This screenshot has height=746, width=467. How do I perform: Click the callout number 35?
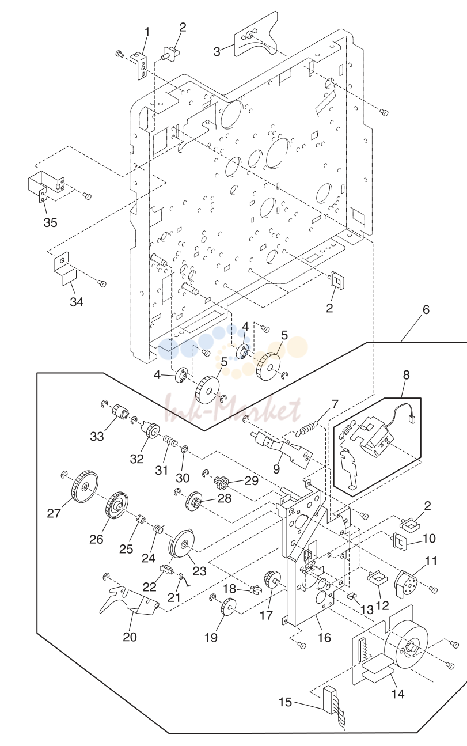(x=50, y=222)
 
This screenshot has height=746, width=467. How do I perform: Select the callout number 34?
(x=77, y=302)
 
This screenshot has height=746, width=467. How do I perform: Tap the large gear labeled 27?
(x=85, y=487)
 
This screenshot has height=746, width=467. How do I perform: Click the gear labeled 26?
(x=116, y=509)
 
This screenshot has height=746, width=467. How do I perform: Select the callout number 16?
(x=324, y=638)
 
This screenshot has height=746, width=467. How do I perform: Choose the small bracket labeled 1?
(x=141, y=66)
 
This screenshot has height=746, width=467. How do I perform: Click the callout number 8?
(x=406, y=376)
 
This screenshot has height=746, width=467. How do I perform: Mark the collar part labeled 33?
(x=120, y=412)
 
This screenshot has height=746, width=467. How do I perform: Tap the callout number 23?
(x=200, y=571)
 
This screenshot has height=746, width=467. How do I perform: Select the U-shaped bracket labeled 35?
(x=45, y=188)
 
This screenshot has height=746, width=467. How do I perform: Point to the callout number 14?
(x=397, y=694)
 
